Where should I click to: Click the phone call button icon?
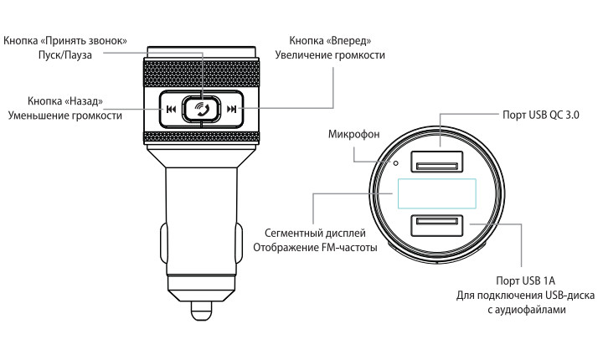pyautogui.click(x=202, y=109)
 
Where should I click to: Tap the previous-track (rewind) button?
pyautogui.click(x=171, y=109)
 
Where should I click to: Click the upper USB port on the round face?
pyautogui.click(x=436, y=162)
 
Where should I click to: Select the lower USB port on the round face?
pyautogui.click(x=436, y=226)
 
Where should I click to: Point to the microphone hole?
pyautogui.click(x=395, y=163)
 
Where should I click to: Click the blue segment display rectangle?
pyautogui.click(x=437, y=194)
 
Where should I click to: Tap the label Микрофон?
pyautogui.click(x=353, y=134)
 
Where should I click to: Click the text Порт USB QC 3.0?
pyautogui.click(x=541, y=115)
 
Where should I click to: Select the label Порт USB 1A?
pyautogui.click(x=525, y=280)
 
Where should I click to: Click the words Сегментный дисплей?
pyautogui.click(x=315, y=233)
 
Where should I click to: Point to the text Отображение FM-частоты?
pyautogui.click(x=315, y=247)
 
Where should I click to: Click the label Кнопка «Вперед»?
pyautogui.click(x=330, y=41)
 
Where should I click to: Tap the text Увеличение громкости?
pyautogui.click(x=330, y=55)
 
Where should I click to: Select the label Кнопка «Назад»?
pyautogui.click(x=65, y=101)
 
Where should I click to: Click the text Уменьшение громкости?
pyautogui.click(x=65, y=116)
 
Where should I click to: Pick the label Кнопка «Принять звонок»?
pyautogui.click(x=65, y=41)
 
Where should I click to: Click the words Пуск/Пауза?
pyautogui.click(x=65, y=55)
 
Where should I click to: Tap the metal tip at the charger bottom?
pyautogui.click(x=202, y=311)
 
